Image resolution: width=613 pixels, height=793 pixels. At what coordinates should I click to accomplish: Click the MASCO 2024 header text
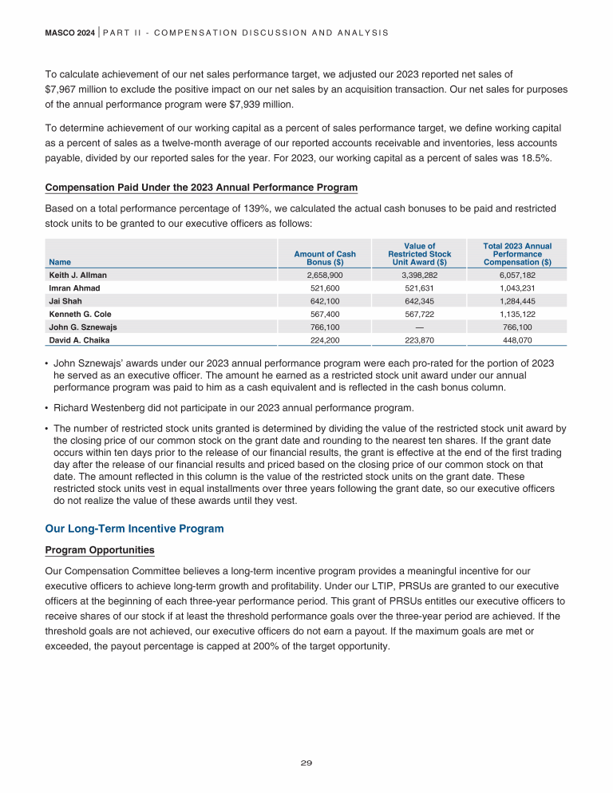70,33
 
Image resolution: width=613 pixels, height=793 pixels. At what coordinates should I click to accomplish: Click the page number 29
306,763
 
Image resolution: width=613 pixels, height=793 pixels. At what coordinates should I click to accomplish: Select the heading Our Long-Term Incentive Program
134,529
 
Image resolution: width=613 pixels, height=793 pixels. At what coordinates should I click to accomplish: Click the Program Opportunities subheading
100,551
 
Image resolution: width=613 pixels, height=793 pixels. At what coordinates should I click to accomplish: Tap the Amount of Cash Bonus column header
325,257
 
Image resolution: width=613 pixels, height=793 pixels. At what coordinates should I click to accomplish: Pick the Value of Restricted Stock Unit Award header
419,254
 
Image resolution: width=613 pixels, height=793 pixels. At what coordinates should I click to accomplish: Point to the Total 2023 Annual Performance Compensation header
517,254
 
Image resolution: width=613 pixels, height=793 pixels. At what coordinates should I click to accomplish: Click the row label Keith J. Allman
77,275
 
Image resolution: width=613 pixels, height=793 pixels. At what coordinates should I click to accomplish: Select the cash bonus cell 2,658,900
325,275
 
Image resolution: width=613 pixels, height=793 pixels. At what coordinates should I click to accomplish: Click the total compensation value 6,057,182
517,275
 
